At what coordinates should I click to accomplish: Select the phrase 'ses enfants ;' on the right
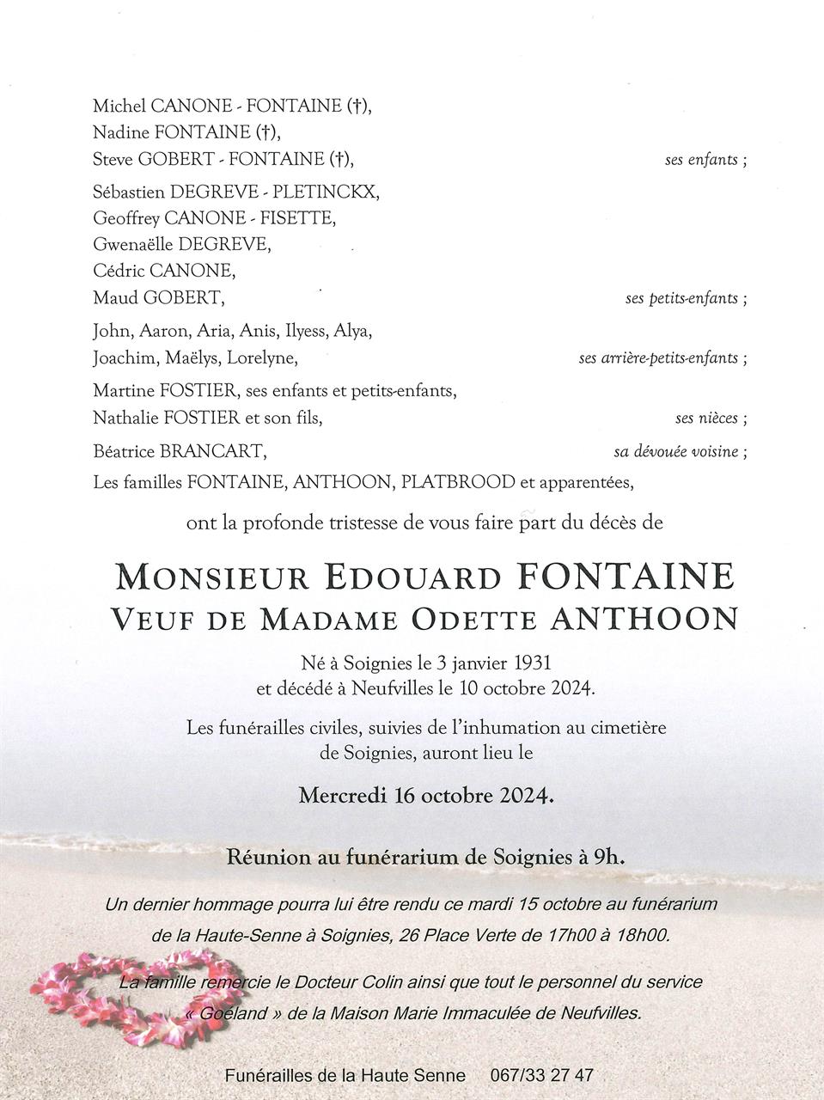pyautogui.click(x=705, y=160)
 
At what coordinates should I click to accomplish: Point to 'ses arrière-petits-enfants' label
pyautogui.click(x=659, y=357)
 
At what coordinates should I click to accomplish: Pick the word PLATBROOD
pyautogui.click(x=458, y=482)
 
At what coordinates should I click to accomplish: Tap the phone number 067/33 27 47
pyautogui.click(x=541, y=1075)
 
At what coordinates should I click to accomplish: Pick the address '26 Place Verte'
pyautogui.click(x=452, y=935)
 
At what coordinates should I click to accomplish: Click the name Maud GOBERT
pyautogui.click(x=159, y=298)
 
